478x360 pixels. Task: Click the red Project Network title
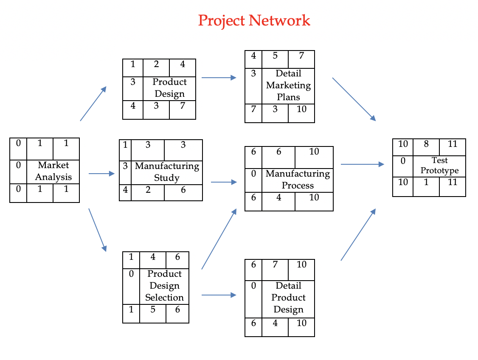click(254, 20)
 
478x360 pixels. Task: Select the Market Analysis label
click(53, 171)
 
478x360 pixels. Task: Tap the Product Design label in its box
click(169, 88)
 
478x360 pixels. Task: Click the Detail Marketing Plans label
click(288, 85)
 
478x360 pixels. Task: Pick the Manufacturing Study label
click(167, 172)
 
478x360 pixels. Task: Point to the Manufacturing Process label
click(298, 180)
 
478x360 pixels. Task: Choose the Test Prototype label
click(439, 166)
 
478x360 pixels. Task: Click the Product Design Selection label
click(164, 286)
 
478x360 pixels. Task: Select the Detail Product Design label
click(288, 298)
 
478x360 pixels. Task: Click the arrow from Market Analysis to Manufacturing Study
click(102, 174)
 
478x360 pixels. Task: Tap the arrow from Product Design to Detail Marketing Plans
click(219, 78)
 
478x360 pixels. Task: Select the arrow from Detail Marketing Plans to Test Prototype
click(354, 99)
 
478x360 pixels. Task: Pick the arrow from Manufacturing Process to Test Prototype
click(362, 164)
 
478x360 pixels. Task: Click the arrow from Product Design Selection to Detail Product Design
click(219, 295)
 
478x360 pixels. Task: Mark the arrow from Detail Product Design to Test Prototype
click(358, 234)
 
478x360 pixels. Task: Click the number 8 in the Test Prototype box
click(426, 144)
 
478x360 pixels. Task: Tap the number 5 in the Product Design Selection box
click(153, 309)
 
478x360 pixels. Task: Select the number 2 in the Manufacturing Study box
click(148, 190)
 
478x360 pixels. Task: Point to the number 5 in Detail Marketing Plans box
click(275, 56)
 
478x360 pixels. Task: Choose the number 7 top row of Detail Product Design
click(275, 264)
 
